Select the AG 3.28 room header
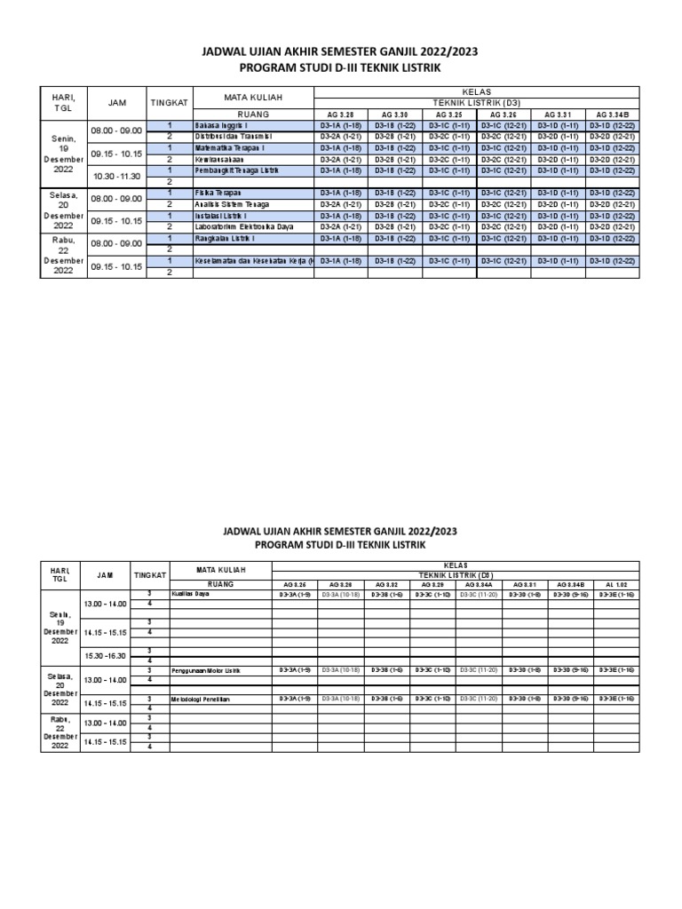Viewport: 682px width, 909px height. [341, 115]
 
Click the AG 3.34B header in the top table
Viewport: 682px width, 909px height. [613, 115]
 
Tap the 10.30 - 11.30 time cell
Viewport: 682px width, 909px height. [117, 176]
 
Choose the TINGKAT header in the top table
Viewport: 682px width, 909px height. [169, 102]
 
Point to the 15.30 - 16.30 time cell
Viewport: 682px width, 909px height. [106, 655]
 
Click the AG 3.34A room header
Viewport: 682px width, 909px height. [477, 585]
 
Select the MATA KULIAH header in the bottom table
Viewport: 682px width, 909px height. [220, 569]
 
